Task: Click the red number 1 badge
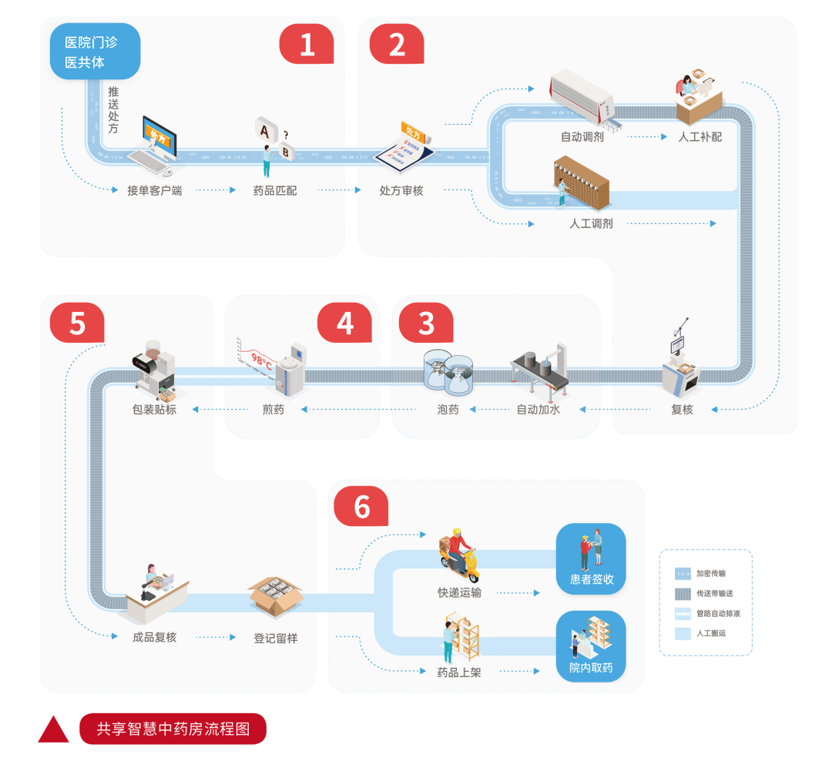(x=307, y=44)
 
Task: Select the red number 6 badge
(x=361, y=507)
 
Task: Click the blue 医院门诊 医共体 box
(x=95, y=52)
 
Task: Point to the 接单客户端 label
(x=154, y=190)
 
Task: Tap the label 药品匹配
(x=275, y=190)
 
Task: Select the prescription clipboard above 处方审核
(x=406, y=146)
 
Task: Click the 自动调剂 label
(x=582, y=137)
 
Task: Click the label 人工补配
(x=699, y=137)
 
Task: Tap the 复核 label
(x=682, y=409)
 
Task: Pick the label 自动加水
(x=538, y=409)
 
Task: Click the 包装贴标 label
(x=154, y=409)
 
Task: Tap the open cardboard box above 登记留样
(x=276, y=595)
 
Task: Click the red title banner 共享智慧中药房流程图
(x=173, y=729)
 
